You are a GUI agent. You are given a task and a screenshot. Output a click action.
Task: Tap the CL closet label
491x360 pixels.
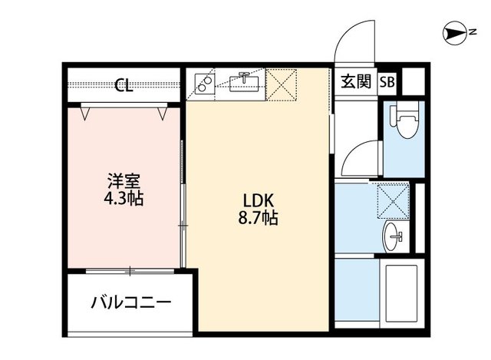[x=123, y=85]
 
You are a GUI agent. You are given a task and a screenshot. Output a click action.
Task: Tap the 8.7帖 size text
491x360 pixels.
[x=257, y=219]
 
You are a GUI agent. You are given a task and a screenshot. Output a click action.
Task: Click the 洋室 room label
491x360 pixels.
[x=123, y=182]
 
